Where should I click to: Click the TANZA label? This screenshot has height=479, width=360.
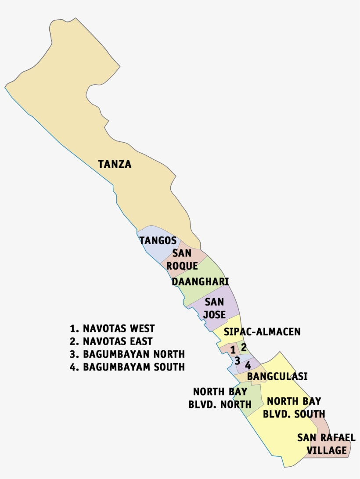coord(115,165)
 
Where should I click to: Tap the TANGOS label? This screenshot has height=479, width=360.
coord(158,241)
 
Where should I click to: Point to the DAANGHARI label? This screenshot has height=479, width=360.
coord(200,281)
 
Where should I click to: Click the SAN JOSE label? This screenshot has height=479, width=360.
coord(214,308)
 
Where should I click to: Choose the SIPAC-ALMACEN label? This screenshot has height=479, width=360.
coord(262,331)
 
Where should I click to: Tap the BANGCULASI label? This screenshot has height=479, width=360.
coord(277,376)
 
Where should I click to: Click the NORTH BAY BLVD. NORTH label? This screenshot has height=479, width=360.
coord(220,398)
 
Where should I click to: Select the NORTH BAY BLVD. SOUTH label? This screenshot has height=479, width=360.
coord(294,407)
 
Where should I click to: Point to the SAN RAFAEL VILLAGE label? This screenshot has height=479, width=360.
coord(326,444)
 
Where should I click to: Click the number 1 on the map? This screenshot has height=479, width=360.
coord(233,350)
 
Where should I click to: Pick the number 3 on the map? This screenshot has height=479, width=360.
coord(237,361)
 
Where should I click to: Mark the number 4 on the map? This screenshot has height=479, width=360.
coord(248,365)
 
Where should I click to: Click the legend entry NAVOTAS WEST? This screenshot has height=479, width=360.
coord(112,328)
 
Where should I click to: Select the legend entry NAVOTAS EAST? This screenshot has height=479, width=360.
coord(111,341)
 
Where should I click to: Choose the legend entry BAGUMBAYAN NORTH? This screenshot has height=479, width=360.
coord(127,354)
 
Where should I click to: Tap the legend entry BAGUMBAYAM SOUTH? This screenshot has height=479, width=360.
coord(127,367)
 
